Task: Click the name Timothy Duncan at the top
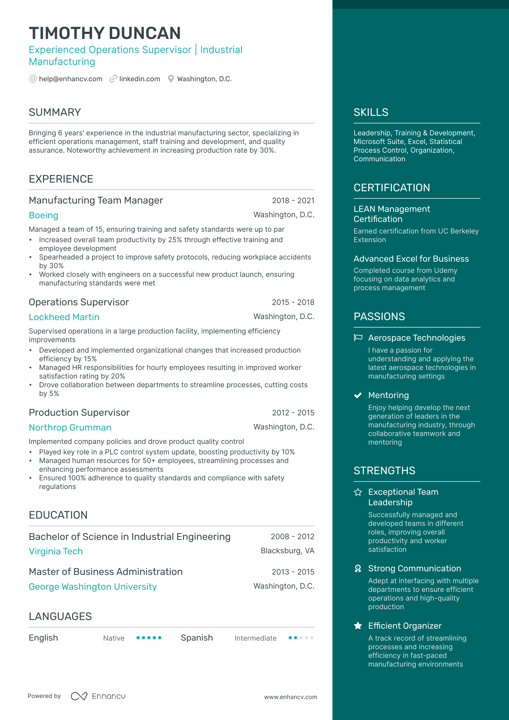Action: coord(105,33)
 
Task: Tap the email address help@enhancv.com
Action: coord(70,79)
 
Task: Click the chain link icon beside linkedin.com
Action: coord(113,79)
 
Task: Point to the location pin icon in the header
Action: coord(171,79)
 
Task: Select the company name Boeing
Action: coord(43,215)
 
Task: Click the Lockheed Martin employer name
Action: coord(64,317)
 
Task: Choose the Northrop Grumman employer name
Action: coord(70,428)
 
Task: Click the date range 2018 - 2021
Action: coord(293,201)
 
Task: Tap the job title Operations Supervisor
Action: coord(79,302)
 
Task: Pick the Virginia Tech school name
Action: coord(56,551)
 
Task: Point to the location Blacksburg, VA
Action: coord(287,551)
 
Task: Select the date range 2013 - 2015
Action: coord(293,572)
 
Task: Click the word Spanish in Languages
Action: coord(197,638)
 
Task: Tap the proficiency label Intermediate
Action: coord(255,638)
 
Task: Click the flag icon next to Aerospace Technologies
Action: coord(358,338)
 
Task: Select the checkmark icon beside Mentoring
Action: coord(358,395)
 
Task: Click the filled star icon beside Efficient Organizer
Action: coord(358,626)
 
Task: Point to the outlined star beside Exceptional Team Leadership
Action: coord(358,492)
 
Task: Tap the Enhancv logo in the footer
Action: coord(98,696)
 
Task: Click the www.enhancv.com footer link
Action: coord(291,697)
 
